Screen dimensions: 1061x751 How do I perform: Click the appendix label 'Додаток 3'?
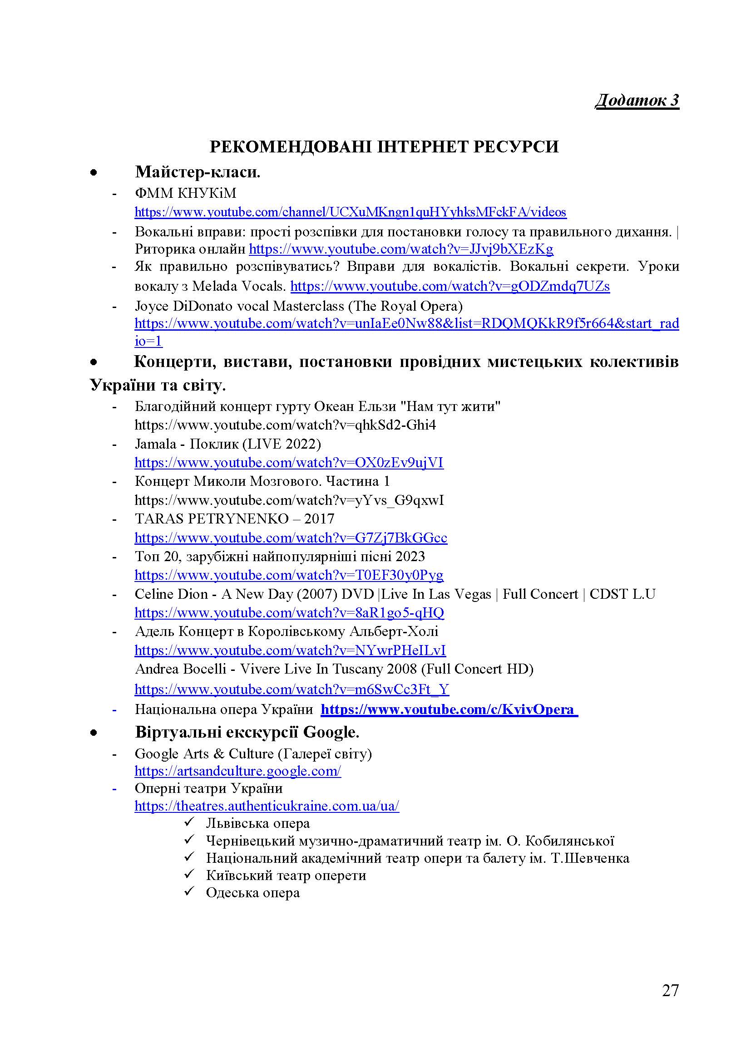636,100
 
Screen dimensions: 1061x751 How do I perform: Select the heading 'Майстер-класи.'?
198,172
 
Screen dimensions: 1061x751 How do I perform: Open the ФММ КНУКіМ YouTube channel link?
350,212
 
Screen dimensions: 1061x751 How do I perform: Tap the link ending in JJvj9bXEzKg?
400,249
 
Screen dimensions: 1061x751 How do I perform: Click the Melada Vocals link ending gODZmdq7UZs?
450,287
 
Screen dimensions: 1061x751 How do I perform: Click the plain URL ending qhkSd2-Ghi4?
285,425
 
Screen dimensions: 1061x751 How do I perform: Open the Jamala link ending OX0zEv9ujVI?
289,463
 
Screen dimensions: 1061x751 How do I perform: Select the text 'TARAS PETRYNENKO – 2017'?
234,519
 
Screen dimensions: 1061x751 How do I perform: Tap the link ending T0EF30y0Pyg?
289,575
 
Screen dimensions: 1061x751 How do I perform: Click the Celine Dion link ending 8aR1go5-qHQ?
289,613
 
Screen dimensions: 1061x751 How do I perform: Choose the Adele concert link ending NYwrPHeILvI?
290,650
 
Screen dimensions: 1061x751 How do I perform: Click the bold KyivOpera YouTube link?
449,709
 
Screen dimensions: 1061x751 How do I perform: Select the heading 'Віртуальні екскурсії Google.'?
247,733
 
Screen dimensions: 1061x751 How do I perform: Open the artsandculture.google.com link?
237,771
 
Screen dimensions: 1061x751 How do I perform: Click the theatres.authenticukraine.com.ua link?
267,806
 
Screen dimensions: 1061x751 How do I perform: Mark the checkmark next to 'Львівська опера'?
190,822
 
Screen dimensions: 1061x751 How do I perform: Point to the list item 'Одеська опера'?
252,892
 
